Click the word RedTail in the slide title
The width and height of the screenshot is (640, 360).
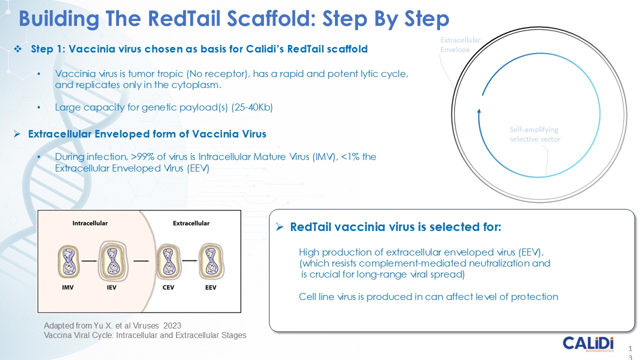178,19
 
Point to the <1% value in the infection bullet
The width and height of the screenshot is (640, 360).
349,157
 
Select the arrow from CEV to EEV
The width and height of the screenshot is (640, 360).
189,260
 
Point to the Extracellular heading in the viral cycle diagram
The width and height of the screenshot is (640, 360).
191,223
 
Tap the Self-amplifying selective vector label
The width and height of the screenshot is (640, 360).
534,134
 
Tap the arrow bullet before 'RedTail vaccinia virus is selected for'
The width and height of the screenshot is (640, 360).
280,227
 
